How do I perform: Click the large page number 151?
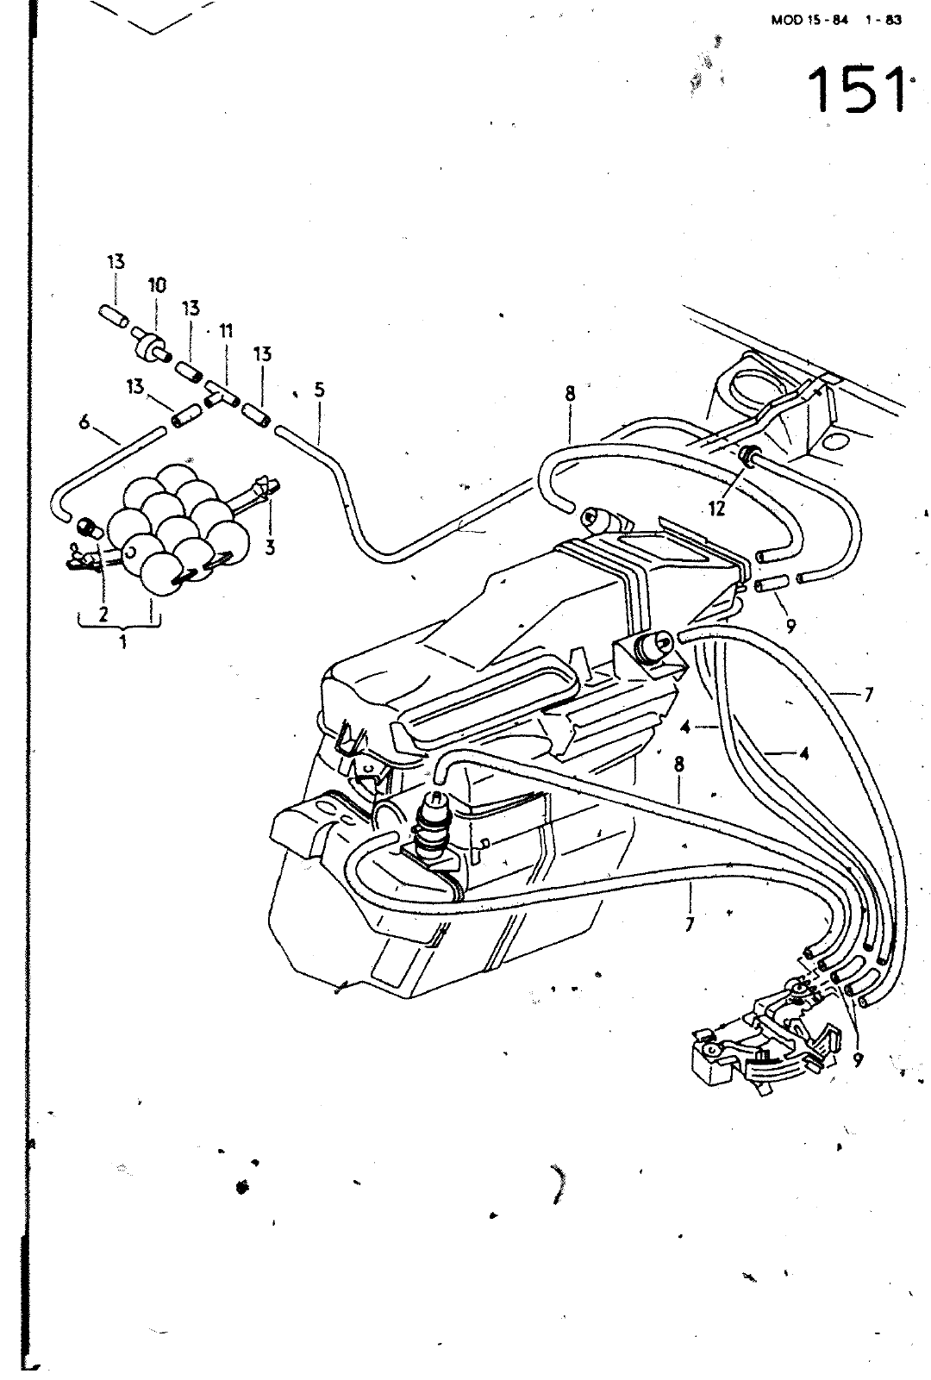[859, 91]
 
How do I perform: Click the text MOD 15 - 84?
[809, 20]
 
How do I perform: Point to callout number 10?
[157, 285]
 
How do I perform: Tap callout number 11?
[226, 332]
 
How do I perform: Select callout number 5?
[319, 390]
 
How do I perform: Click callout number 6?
[84, 422]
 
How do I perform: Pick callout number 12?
[716, 509]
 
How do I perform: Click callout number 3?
[270, 546]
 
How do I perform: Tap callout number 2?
[103, 613]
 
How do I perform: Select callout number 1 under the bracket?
[123, 642]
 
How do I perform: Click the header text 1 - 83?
[883, 20]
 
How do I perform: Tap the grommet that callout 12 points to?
[748, 456]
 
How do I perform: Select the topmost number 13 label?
[116, 262]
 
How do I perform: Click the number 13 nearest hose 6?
[135, 386]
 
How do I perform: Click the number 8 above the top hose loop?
[570, 394]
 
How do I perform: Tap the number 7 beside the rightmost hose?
[868, 695]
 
